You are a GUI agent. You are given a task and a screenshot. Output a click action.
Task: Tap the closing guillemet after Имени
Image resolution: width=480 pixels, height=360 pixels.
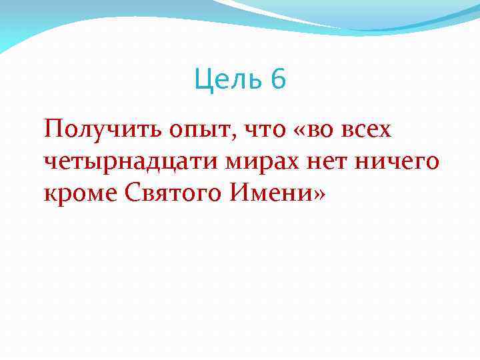(321, 195)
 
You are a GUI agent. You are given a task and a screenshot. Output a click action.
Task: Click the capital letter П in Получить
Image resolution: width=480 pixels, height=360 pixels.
(52, 127)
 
